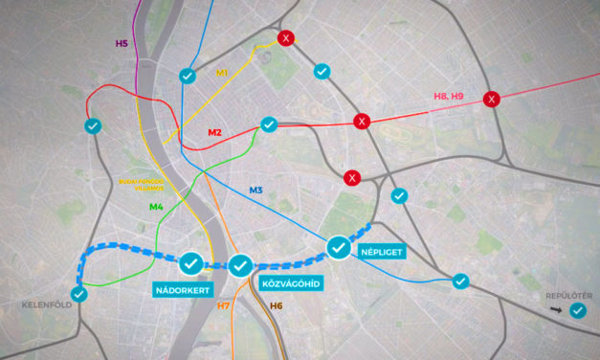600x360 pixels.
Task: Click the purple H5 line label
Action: [x=122, y=43]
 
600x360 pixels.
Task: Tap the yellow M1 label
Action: [x=223, y=73]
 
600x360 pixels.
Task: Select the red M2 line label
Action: [x=215, y=131]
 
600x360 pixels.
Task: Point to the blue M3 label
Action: [x=256, y=191]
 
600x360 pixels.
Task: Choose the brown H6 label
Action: [x=276, y=305]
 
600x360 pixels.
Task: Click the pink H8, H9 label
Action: [x=448, y=96]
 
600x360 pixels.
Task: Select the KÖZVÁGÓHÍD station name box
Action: [x=290, y=283]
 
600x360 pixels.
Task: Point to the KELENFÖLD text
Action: [x=47, y=305]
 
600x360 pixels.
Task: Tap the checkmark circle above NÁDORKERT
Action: [x=190, y=260]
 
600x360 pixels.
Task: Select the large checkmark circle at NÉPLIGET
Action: [x=339, y=247]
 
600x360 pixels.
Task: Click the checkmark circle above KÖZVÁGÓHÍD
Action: [x=239, y=264]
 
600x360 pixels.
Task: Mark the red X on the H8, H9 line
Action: [x=492, y=99]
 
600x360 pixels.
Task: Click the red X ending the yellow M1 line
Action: [x=284, y=38]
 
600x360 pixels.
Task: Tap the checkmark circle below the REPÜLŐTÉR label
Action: [x=577, y=311]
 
